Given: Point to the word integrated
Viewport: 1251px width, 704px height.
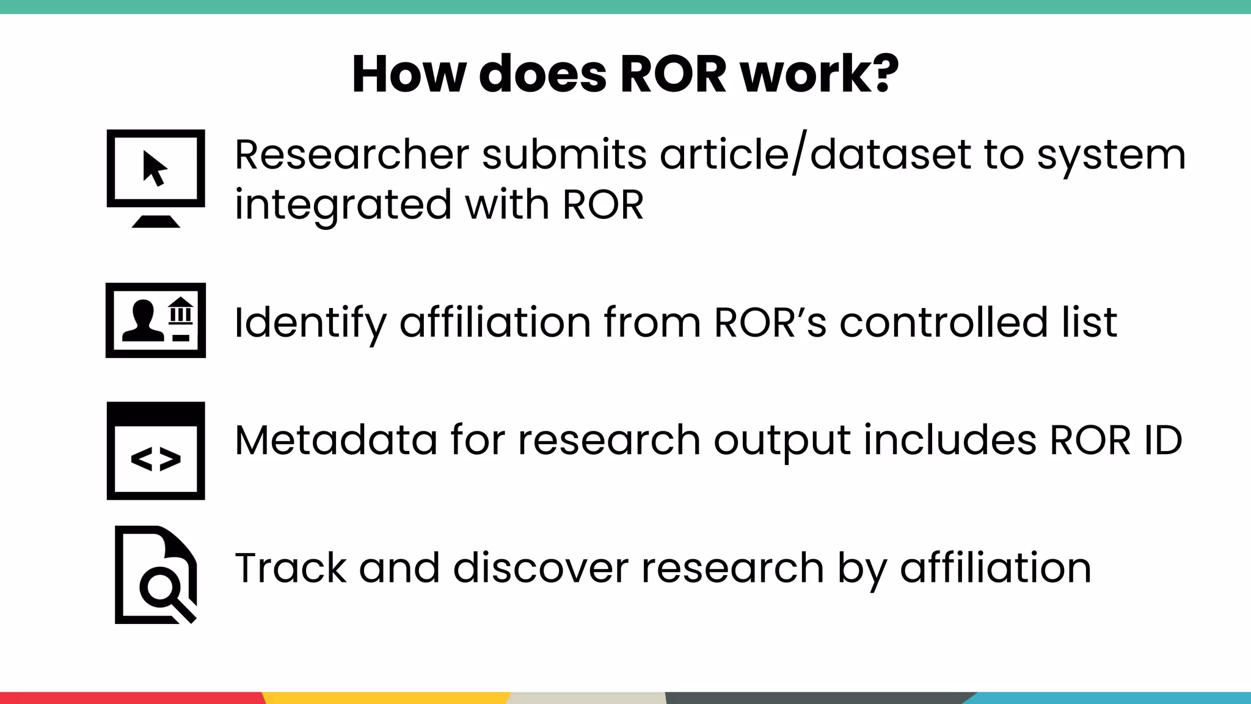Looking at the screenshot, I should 342,205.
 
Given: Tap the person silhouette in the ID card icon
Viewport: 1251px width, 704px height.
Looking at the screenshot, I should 142,321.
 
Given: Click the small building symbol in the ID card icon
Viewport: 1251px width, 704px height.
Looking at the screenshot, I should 181,311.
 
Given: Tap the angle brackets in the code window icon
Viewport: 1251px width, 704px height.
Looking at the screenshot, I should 156,460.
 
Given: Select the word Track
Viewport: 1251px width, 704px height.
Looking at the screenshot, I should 291,568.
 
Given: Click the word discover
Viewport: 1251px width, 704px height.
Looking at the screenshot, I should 540,568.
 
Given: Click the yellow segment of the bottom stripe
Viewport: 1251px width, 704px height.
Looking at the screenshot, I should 385,698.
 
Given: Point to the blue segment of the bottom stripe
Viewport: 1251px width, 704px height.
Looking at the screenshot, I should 1112,698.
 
